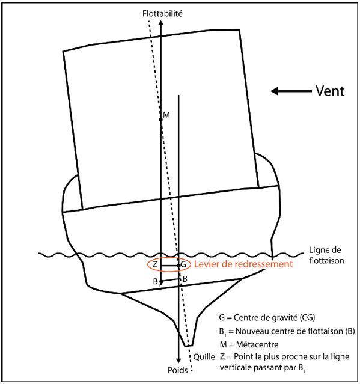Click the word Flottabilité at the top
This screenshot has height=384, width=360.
click(162, 13)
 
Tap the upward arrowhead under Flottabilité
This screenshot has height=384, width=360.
click(161, 23)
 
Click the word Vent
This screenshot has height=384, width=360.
click(330, 91)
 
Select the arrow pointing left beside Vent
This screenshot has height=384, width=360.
click(291, 91)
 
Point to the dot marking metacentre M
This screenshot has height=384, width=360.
click(160, 120)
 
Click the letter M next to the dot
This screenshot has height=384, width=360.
click(166, 115)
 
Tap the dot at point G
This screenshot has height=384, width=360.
click(178, 266)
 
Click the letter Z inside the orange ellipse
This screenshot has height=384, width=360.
click(155, 264)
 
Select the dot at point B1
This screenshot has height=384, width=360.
click(161, 282)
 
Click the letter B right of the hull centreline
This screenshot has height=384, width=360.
click(185, 279)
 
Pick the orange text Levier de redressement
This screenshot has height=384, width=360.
click(243, 264)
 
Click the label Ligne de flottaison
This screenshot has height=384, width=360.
click(326, 255)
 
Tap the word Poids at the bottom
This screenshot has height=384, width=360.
click(177, 370)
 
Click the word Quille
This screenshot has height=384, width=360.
click(204, 357)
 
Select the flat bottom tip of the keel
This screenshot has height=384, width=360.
click(188, 346)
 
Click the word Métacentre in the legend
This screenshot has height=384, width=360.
click(257, 344)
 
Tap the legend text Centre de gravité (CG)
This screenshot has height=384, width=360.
click(274, 318)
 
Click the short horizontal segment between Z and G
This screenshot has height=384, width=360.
click(169, 266)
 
